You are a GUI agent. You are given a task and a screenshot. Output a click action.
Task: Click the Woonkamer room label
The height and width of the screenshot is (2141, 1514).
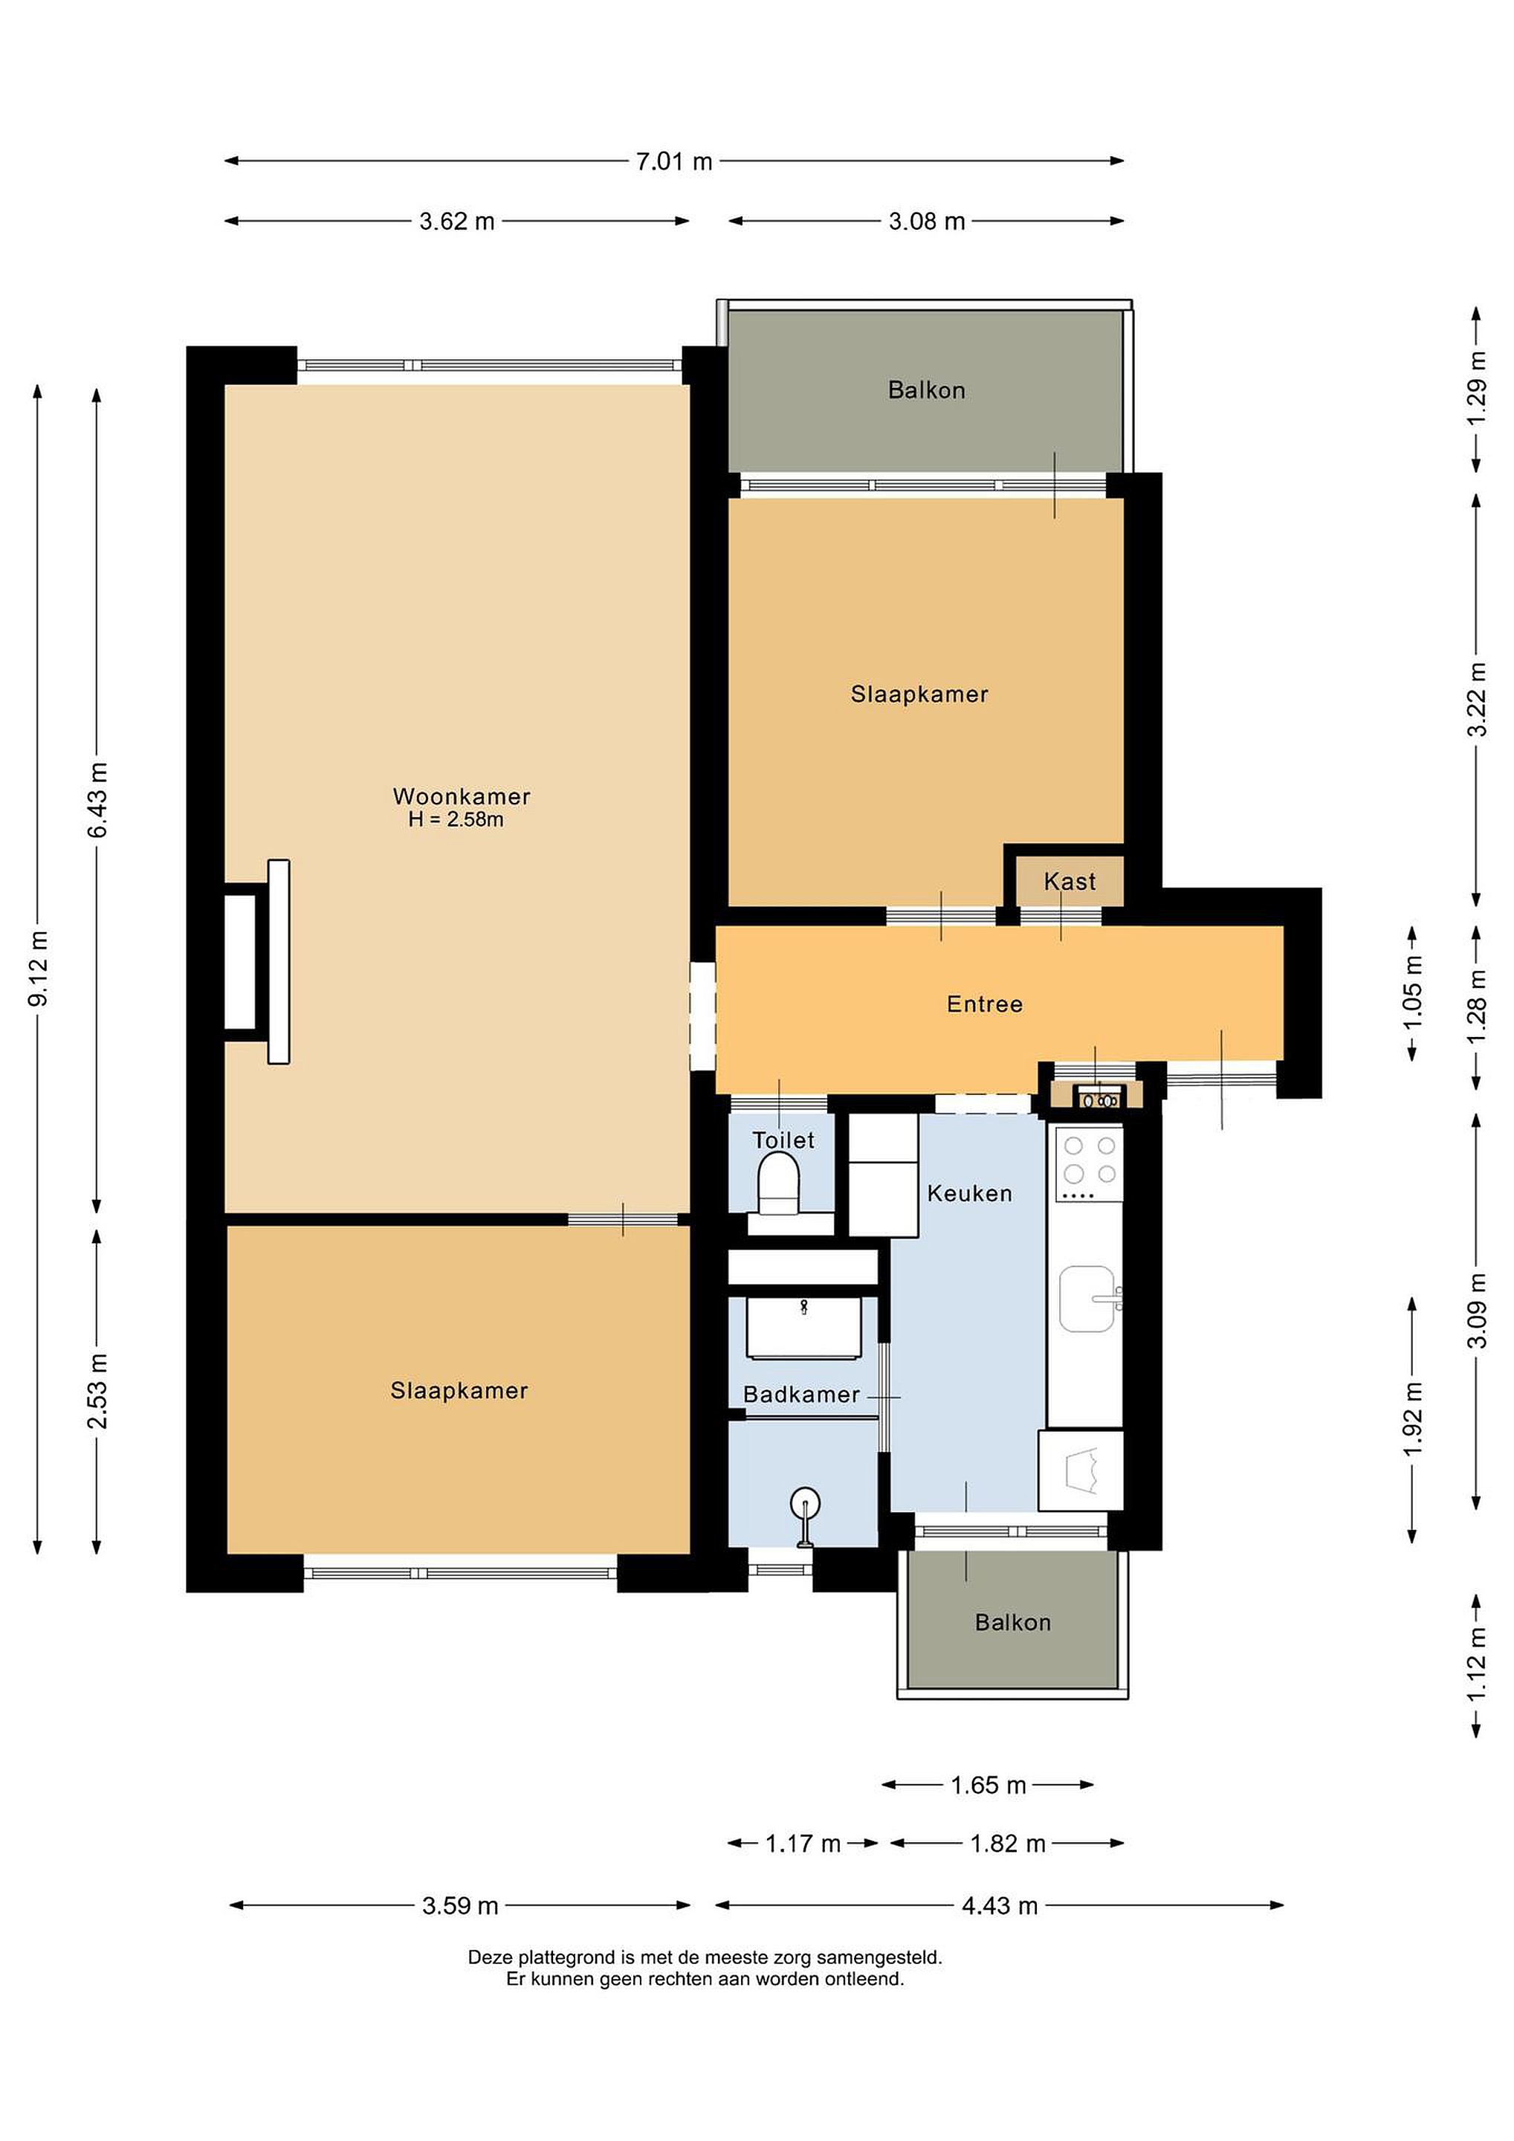462,796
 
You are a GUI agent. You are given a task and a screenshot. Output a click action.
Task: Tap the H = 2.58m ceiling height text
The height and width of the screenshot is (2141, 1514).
456,820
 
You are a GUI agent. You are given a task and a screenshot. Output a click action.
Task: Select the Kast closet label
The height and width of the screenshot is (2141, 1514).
1070,881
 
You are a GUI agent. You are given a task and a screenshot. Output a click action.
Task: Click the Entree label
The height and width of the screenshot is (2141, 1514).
985,1004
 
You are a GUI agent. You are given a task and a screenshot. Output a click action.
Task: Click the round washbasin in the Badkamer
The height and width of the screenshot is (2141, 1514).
804,1503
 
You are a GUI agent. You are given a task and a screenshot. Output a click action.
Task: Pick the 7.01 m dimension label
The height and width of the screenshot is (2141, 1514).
674,161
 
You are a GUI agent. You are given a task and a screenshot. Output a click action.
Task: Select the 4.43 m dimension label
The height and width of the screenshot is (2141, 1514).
1000,1906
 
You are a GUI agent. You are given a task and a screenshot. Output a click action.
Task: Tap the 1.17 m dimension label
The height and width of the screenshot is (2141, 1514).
803,1844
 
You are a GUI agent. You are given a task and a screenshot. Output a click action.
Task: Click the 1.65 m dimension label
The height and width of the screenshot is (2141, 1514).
989,1786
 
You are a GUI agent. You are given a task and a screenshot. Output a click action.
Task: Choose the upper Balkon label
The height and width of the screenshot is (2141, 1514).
926,390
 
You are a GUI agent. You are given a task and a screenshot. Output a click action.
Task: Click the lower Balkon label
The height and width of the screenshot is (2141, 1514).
1012,1623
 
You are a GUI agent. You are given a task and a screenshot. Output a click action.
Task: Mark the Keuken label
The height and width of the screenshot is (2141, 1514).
969,1194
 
